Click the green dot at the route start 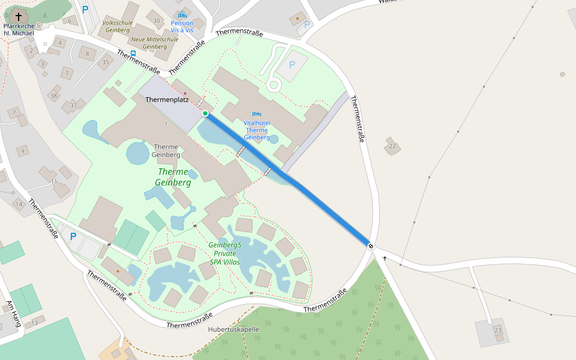pos(205,113)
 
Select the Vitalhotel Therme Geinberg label pos(257,130)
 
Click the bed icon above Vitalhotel pos(257,113)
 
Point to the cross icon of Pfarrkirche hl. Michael pos(19,16)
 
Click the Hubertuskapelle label pos(233,329)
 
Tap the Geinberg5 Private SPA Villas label pos(225,253)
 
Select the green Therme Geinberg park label pos(173,177)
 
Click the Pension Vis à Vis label pos(182,26)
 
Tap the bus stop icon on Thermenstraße pos(133,53)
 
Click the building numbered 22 pos(393,146)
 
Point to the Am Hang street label pos(13,313)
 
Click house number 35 pos(106,62)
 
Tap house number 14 pos(19,204)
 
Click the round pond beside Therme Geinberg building pos(138,153)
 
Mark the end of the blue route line pos(370,245)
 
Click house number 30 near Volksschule pos(157,21)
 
